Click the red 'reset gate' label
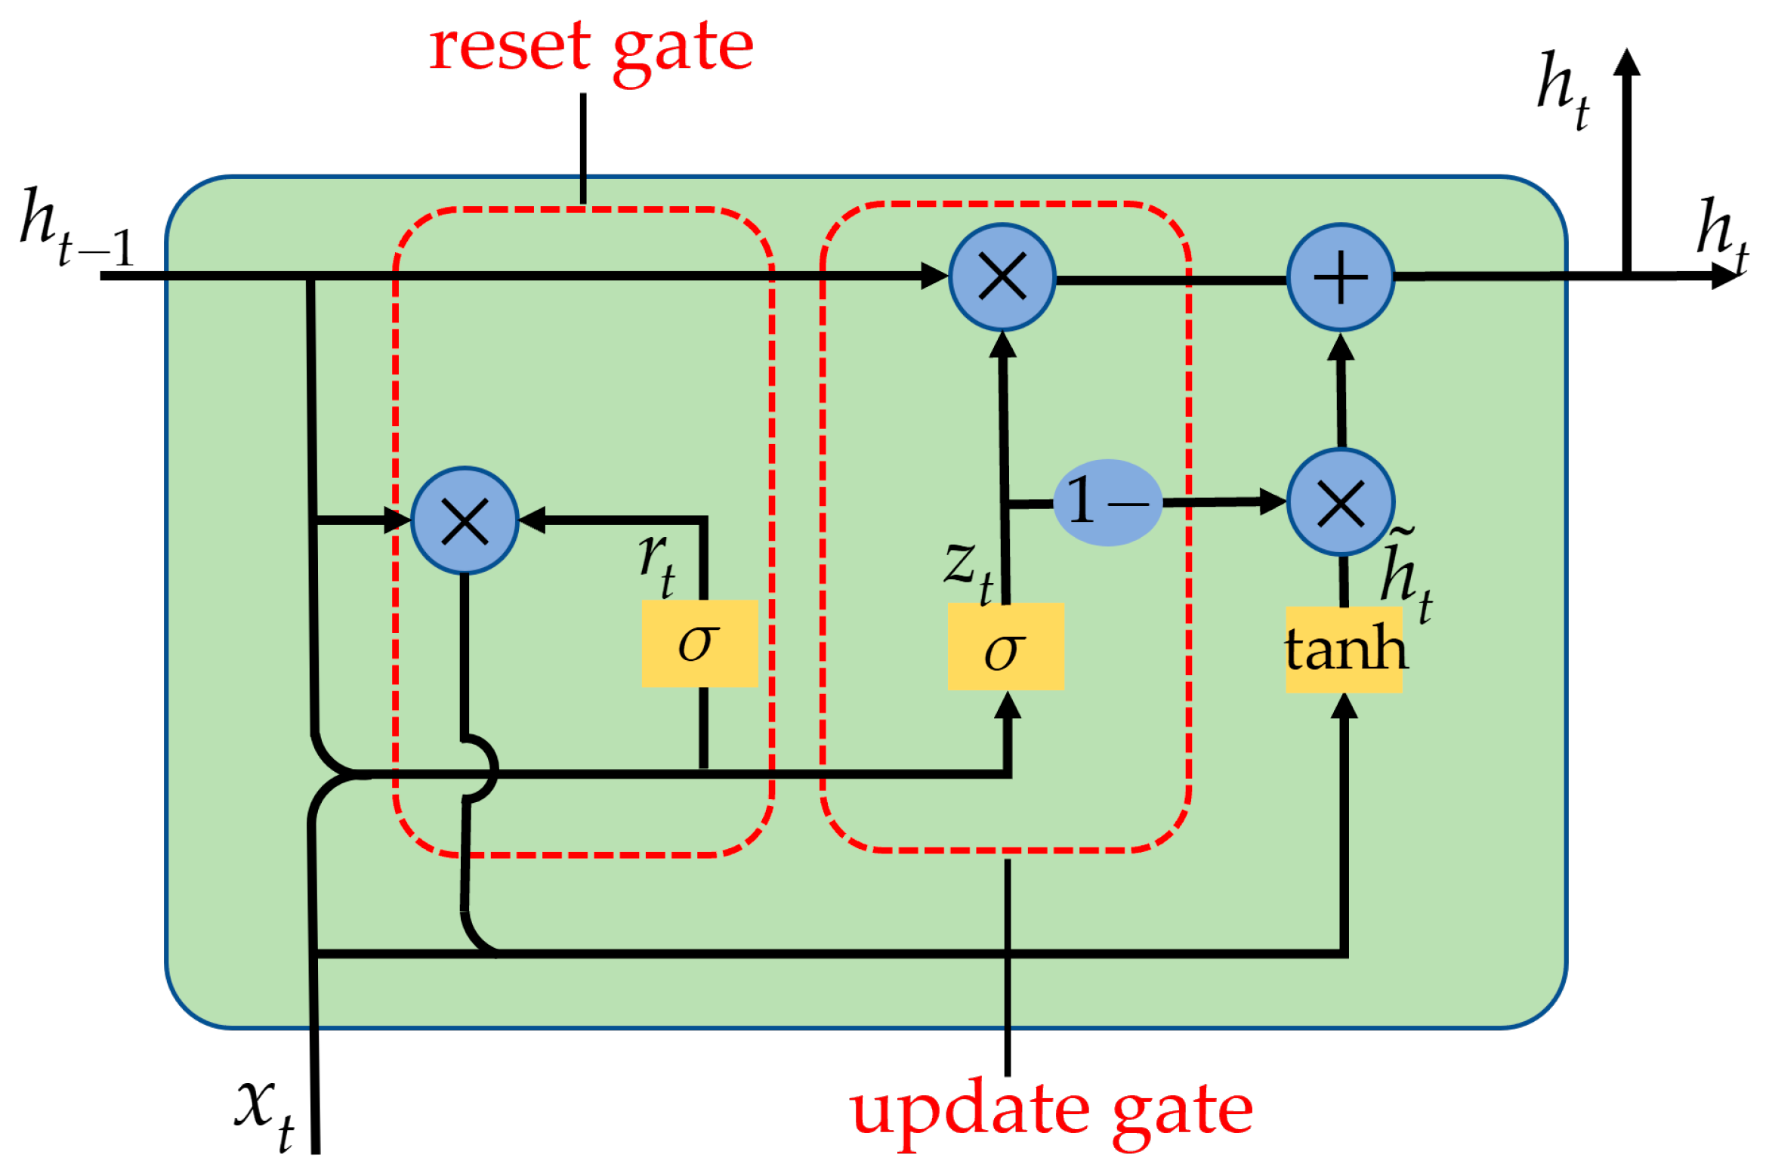click(591, 47)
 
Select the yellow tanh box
click(1344, 650)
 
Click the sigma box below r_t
click(699, 644)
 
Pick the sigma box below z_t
click(1005, 647)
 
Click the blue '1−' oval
click(1107, 502)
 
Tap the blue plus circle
click(1340, 277)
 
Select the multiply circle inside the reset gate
click(465, 520)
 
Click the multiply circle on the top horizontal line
click(1002, 277)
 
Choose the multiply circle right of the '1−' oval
click(1340, 502)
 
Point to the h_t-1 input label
click(76, 227)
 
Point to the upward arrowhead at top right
click(1626, 62)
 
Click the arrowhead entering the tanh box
click(1344, 706)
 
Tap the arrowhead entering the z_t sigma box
click(1008, 705)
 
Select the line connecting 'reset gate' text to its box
click(583, 148)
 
